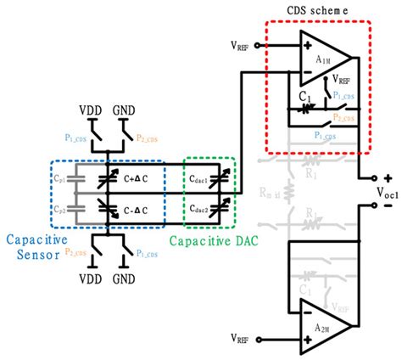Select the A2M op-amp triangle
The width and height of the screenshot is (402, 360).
323,328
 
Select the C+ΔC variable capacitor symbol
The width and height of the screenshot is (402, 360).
108,179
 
